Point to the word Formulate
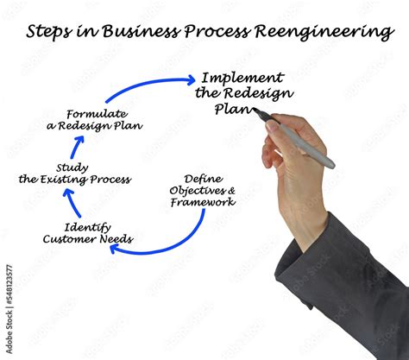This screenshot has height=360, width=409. (x=97, y=114)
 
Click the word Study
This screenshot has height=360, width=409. (x=72, y=167)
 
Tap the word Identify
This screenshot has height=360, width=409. (x=86, y=227)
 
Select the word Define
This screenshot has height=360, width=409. (x=202, y=180)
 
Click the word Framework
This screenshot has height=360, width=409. (x=202, y=202)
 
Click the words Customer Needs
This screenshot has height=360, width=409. (x=87, y=239)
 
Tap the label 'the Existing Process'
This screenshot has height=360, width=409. (x=75, y=180)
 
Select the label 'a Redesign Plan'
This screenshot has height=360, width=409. (x=95, y=126)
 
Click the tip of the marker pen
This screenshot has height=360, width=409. (x=256, y=113)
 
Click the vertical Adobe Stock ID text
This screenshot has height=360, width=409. (x=9, y=303)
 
